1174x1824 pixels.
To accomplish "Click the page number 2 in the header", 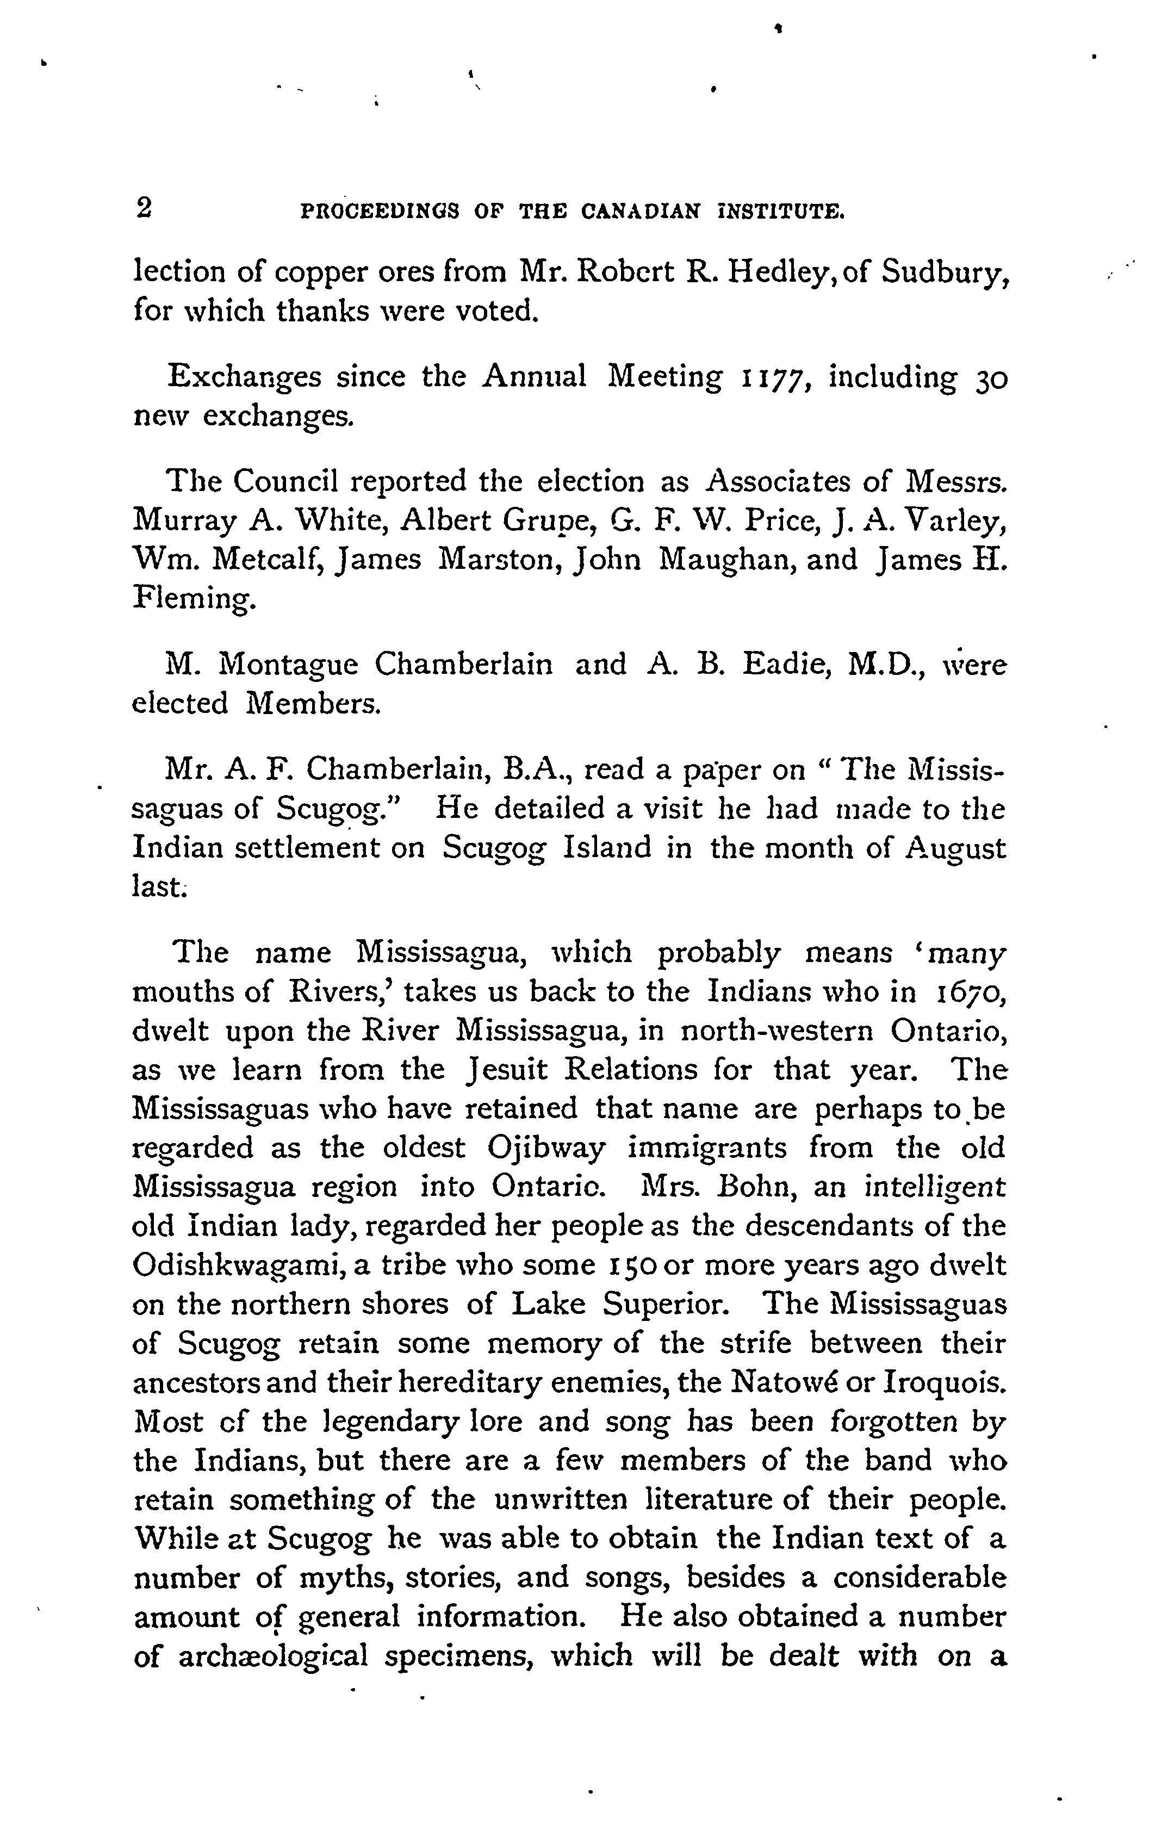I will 142,208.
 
